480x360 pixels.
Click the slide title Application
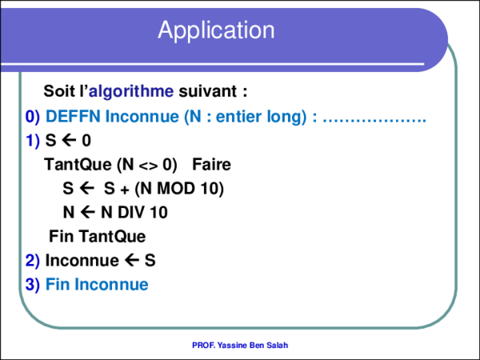click(x=216, y=30)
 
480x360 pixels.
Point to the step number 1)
click(x=32, y=142)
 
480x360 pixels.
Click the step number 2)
click(x=32, y=260)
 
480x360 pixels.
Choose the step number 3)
click(x=32, y=284)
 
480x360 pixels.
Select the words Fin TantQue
click(x=97, y=237)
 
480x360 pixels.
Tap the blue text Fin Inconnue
click(x=97, y=284)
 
